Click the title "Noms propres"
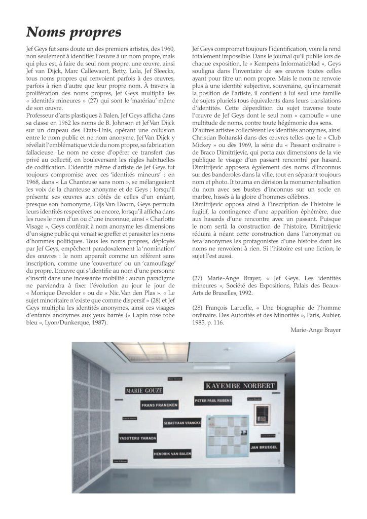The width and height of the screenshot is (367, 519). (x=74, y=32)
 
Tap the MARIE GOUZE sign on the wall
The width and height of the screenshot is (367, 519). (x=144, y=390)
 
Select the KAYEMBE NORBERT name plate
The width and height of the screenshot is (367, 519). (x=240, y=386)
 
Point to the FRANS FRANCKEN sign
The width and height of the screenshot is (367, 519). (x=160, y=406)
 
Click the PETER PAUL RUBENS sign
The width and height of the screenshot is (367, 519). (x=213, y=400)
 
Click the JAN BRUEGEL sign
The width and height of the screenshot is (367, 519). (x=264, y=448)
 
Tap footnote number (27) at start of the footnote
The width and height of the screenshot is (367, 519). (x=199, y=278)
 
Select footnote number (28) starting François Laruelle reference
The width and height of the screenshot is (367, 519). (x=199, y=308)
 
